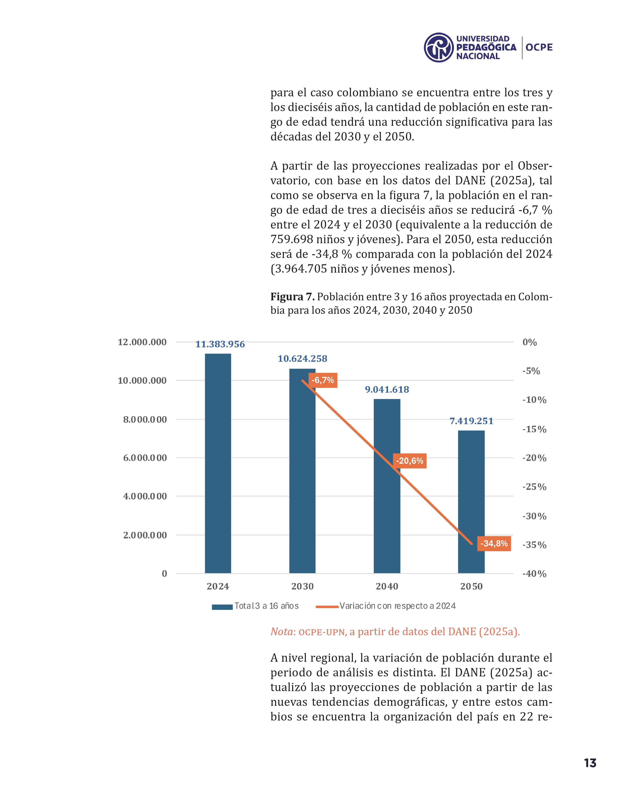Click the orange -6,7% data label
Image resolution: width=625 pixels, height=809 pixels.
click(323, 380)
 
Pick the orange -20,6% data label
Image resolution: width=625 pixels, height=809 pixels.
click(410, 461)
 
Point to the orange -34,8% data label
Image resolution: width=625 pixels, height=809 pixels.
click(494, 544)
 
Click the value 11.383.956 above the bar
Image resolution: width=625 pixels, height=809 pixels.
click(220, 344)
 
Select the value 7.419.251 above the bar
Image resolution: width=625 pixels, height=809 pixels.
click(471, 421)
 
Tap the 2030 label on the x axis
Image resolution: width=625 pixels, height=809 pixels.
click(302, 586)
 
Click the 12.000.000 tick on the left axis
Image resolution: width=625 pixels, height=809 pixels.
click(142, 342)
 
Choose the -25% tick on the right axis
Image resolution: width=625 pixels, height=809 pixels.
click(534, 487)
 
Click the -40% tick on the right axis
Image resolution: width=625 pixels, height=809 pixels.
click(534, 574)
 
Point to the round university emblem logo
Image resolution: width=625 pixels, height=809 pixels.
click(438, 47)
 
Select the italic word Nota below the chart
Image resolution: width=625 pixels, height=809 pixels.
click(281, 632)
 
